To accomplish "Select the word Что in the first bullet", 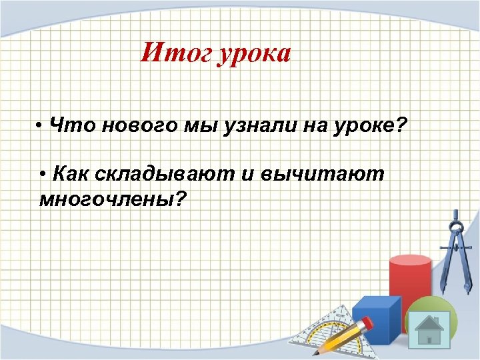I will (66, 125).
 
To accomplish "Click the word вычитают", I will (322, 175).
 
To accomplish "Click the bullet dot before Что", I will (41, 126).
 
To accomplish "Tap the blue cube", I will (375, 319).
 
